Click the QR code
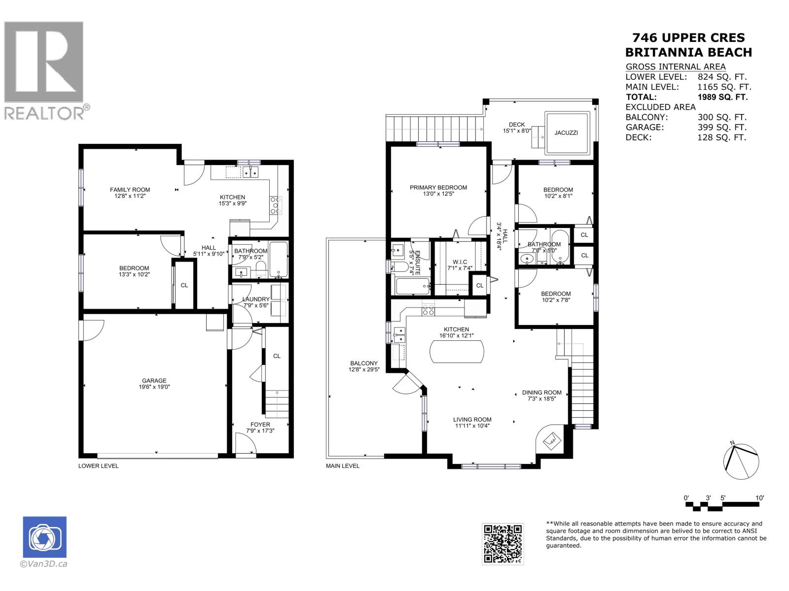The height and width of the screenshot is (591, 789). (502, 544)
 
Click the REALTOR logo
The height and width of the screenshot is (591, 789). (46, 70)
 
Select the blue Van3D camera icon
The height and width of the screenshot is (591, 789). (44, 537)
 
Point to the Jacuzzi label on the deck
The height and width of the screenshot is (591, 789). (566, 133)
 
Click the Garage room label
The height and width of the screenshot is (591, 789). (154, 380)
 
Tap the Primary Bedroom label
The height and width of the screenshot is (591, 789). (438, 187)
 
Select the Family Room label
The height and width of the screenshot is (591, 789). (130, 190)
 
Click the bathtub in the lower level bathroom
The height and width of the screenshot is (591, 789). (278, 260)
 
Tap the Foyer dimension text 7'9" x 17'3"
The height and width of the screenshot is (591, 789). (260, 430)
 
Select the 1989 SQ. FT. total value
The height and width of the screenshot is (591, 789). (722, 97)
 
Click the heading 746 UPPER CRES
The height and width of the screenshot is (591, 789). (688, 37)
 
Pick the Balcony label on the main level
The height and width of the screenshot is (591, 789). (364, 363)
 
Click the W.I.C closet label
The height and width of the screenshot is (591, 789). (460, 262)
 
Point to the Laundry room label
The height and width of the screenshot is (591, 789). (256, 299)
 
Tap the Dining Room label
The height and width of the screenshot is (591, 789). (541, 393)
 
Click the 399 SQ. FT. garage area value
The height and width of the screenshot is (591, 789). (722, 127)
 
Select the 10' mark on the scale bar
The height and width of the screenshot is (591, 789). (759, 498)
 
